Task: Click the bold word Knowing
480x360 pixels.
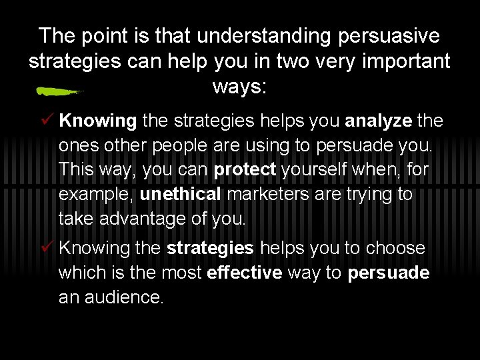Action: click(x=98, y=121)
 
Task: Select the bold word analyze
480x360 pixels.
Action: click(x=379, y=121)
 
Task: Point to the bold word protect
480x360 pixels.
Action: click(x=245, y=170)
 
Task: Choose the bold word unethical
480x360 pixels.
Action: click(x=180, y=195)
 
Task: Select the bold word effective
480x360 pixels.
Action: click(x=245, y=273)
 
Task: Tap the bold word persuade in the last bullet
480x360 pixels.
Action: click(x=389, y=273)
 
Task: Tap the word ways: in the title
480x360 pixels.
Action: click(x=239, y=87)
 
